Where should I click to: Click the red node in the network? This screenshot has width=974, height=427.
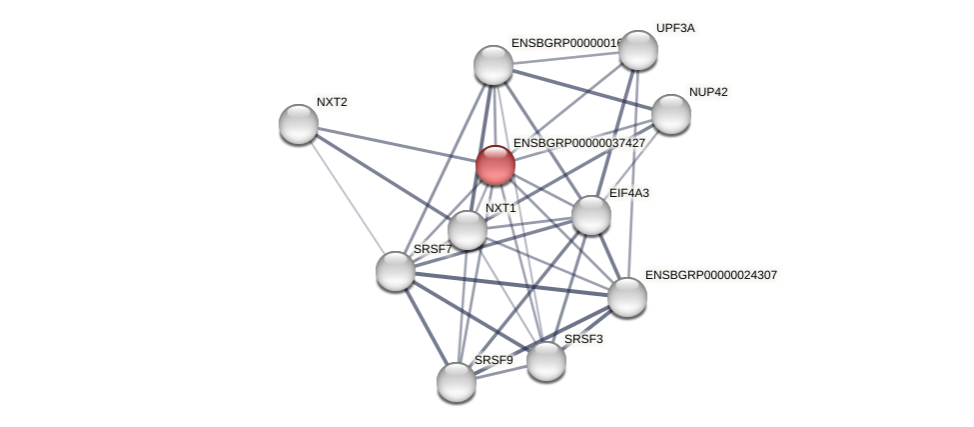click(494, 165)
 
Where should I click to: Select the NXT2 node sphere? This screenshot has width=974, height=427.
click(298, 124)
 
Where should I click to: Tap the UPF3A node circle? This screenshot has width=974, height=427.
click(637, 50)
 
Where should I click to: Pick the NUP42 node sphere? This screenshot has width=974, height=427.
click(670, 114)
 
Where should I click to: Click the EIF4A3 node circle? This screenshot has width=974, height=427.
click(590, 215)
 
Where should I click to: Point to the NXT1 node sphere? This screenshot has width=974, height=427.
click(467, 230)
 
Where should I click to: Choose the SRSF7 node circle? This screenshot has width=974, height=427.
click(396, 270)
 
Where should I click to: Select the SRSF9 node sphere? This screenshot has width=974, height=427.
click(457, 381)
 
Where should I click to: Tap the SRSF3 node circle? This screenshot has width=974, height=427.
click(545, 360)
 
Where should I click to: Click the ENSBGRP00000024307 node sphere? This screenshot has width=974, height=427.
click(627, 296)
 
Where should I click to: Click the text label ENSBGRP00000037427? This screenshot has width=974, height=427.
click(578, 143)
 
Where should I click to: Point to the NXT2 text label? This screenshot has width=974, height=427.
click(332, 102)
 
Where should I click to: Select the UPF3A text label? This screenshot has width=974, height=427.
click(675, 28)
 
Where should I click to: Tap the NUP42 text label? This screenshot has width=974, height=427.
click(708, 92)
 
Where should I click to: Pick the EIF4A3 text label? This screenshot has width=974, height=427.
click(628, 193)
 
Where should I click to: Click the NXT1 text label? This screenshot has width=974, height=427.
click(500, 208)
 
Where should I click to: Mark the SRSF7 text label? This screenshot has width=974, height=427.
click(433, 249)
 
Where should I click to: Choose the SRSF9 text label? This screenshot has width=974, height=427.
click(493, 360)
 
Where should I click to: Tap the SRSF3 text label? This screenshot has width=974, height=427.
click(583, 339)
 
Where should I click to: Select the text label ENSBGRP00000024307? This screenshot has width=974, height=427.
click(710, 274)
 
